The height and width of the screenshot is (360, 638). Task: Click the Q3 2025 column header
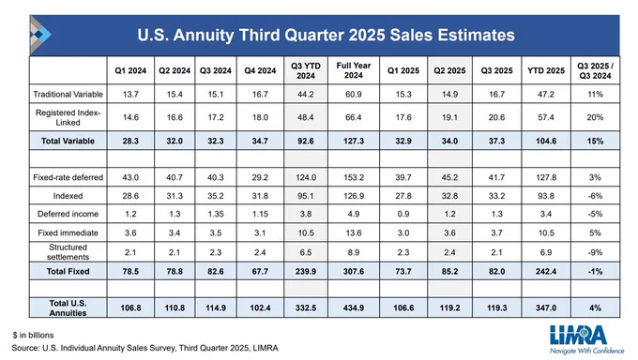[x=496, y=70]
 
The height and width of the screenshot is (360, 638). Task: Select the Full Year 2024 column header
[x=353, y=70]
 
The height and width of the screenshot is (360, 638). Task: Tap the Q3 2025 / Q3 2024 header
[x=595, y=70]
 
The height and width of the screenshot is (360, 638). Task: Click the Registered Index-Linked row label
[x=68, y=117]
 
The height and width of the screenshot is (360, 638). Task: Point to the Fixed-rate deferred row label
[x=68, y=177]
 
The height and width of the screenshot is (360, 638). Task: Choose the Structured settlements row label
[x=68, y=252]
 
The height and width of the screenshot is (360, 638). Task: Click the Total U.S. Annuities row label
[x=68, y=307]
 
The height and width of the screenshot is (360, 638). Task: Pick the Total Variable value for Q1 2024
[x=130, y=141]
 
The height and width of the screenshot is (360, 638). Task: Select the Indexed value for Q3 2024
[x=215, y=196]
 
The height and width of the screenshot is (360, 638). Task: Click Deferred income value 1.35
[x=215, y=214]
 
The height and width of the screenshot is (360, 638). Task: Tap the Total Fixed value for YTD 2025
[x=546, y=271]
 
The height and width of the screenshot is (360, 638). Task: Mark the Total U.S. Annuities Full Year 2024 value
[x=353, y=307]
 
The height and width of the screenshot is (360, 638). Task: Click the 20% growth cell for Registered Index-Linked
[x=595, y=117]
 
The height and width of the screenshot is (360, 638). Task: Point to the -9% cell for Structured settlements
[x=595, y=252]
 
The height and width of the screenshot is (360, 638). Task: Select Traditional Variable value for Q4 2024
[x=260, y=94]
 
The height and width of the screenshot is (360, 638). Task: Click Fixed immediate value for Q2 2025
[x=449, y=232]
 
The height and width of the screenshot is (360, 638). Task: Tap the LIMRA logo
[x=585, y=338]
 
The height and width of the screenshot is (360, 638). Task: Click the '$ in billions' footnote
[x=33, y=336]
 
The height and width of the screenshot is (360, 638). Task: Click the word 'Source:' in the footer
[x=25, y=348]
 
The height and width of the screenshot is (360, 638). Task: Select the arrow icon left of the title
[x=39, y=35]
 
